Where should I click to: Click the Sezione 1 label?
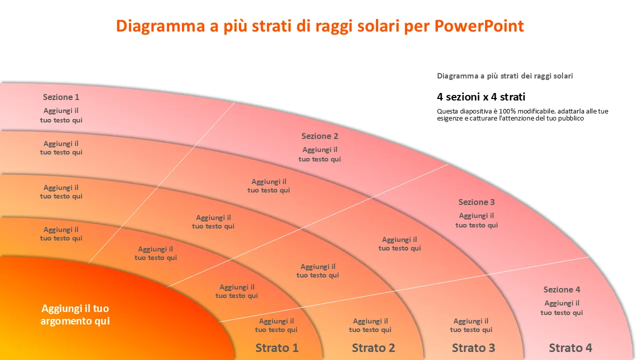pos(61,97)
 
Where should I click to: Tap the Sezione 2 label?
pos(320,136)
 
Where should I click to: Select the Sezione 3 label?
pos(476,202)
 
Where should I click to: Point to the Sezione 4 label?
pos(562,289)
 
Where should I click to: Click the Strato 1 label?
pos(277,347)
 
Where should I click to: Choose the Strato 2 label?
pos(373,347)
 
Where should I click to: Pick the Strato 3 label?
pos(473,347)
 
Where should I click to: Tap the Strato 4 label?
pos(570,347)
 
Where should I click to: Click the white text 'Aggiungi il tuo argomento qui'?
pos(75,314)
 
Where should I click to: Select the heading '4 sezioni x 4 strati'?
pos(481,97)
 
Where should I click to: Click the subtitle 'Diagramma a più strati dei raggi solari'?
pos(505,76)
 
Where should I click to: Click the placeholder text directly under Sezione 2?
pos(320,154)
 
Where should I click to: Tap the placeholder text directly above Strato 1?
pos(276,325)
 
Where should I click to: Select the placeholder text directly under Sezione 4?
pos(562,308)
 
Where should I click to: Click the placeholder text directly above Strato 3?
pos(471,325)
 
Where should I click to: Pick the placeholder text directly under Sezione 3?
pos(476,220)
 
